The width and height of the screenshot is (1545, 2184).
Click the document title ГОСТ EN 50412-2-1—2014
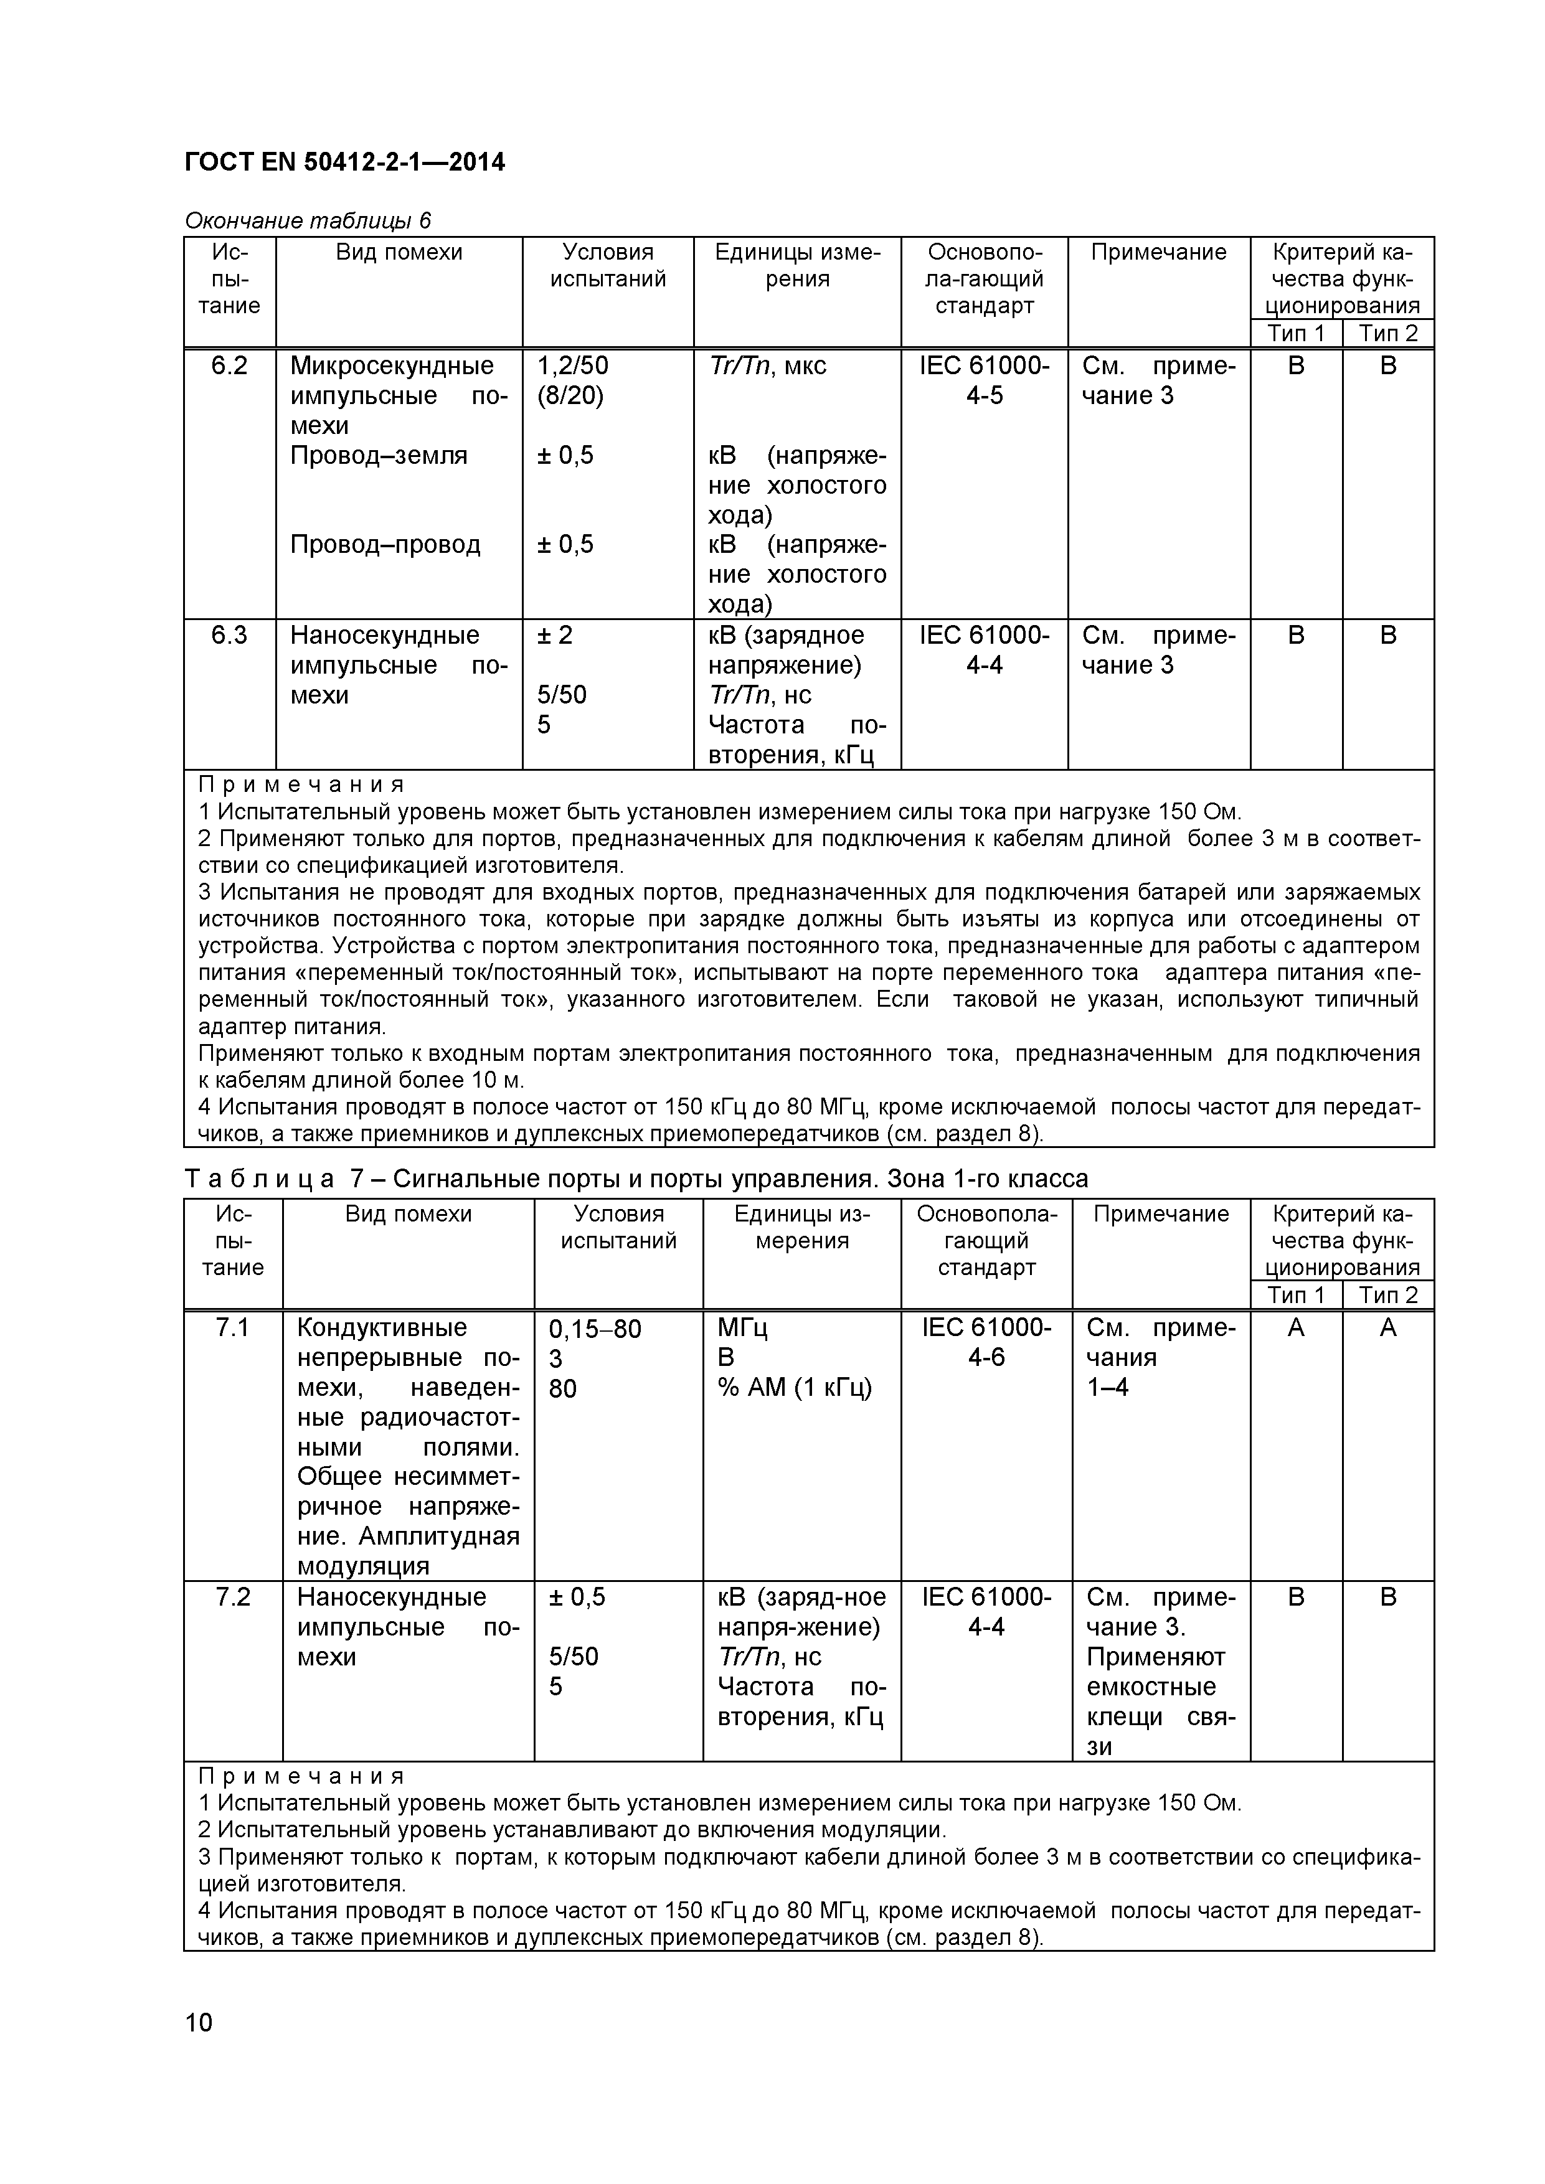pyautogui.click(x=344, y=162)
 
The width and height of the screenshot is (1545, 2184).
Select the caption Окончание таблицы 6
pyautogui.click(x=307, y=220)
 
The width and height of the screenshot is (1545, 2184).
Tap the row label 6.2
pyautogui.click(x=229, y=366)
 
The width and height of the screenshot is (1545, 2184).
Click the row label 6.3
pyautogui.click(x=229, y=636)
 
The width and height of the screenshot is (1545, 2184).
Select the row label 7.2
pyautogui.click(x=233, y=1597)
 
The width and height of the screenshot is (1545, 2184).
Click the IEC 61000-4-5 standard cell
pyautogui.click(x=985, y=380)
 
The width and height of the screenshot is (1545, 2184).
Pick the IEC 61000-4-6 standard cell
pyautogui.click(x=986, y=1342)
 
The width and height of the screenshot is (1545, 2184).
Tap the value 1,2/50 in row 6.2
pyautogui.click(x=573, y=366)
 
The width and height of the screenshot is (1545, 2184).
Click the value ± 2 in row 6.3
pyautogui.click(x=555, y=636)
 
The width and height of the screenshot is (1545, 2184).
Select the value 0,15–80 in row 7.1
pyautogui.click(x=595, y=1329)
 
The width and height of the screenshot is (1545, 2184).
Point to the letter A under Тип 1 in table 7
pyautogui.click(x=1296, y=1328)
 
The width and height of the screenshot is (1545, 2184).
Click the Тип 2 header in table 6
pyautogui.click(x=1388, y=333)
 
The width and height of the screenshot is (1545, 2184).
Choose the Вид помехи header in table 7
pyautogui.click(x=408, y=1214)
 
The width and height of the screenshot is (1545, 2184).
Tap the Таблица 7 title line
pyautogui.click(x=636, y=1179)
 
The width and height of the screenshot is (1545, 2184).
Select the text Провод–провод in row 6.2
pyautogui.click(x=385, y=545)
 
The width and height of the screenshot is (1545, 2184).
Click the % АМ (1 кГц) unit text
pyautogui.click(x=795, y=1388)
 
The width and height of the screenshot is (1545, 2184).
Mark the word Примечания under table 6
pyautogui.click(x=301, y=784)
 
